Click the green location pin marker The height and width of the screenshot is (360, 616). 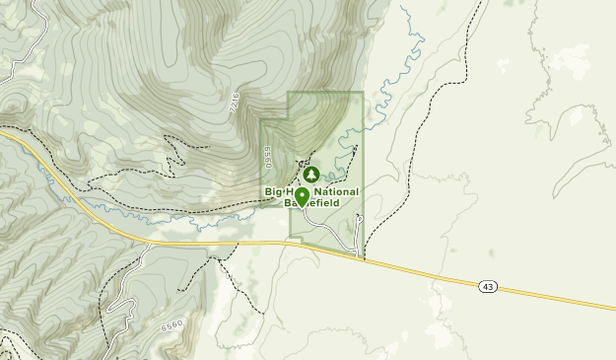tap(302, 195)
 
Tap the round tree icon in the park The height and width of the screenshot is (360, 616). tap(311, 175)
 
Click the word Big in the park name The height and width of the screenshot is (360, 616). tap(274, 191)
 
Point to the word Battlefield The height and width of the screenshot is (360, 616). tap(313, 202)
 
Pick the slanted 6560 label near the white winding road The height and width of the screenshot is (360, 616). tap(172, 325)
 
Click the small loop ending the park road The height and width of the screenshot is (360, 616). tap(359, 218)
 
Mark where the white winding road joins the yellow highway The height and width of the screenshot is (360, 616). tap(148, 242)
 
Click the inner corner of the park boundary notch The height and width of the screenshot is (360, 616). tap(288, 120)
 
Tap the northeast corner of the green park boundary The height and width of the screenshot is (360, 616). tap(363, 93)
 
